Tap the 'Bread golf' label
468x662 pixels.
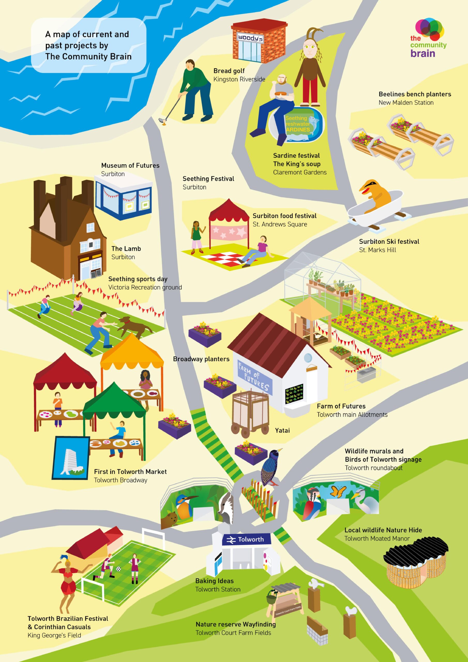point(229,71)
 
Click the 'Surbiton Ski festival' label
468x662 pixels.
point(389,242)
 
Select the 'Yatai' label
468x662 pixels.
point(282,431)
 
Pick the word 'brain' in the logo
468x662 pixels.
point(422,53)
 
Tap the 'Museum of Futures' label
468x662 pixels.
point(130,165)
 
